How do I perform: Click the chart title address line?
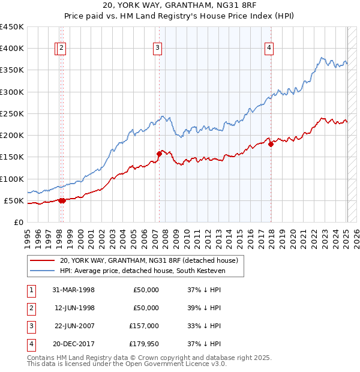(x=179, y=7)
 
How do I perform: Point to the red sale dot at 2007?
(x=159, y=154)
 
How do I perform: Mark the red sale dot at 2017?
(x=271, y=143)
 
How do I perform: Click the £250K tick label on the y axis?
(x=12, y=113)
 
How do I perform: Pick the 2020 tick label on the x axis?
(x=293, y=238)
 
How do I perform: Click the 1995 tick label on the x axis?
(x=28, y=238)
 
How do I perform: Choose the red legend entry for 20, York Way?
(x=149, y=260)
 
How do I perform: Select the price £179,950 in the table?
(x=145, y=344)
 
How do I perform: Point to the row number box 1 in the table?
(x=30, y=290)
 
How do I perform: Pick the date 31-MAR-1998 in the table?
(x=74, y=290)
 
